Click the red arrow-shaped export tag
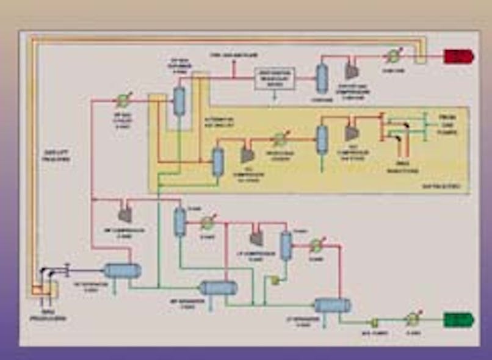tap(458, 57)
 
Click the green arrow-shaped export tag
tap(458, 319)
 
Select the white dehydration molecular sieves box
tap(274, 77)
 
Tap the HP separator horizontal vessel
tap(122, 270)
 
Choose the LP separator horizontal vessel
tap(332, 305)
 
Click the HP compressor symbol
tap(124, 214)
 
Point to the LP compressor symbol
tap(256, 238)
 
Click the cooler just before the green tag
tap(413, 319)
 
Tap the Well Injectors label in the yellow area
tap(399, 168)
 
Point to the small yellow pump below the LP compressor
tap(275, 279)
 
